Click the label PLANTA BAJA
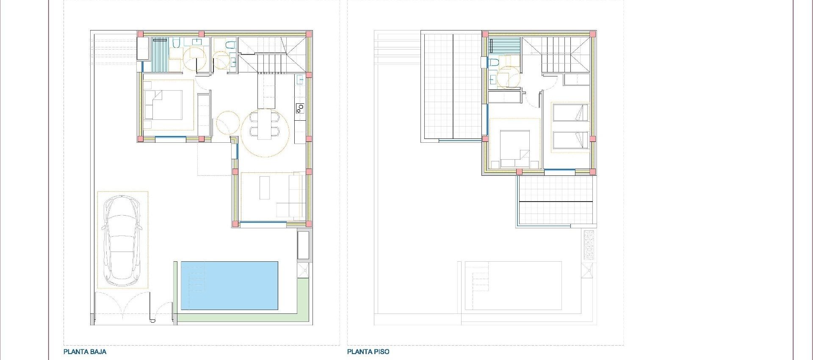click(85, 352)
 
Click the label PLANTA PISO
click(368, 352)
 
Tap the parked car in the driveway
click(122, 240)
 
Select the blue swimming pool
click(230, 285)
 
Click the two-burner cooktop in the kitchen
click(300, 108)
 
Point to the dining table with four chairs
click(265, 125)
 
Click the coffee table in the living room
click(265, 188)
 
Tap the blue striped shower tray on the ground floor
click(160, 55)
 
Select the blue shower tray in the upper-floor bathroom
click(504, 45)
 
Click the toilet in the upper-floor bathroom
click(493, 63)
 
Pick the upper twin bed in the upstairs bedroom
click(570, 113)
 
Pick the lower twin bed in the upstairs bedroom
click(570, 140)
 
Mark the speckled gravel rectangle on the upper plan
click(589, 245)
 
